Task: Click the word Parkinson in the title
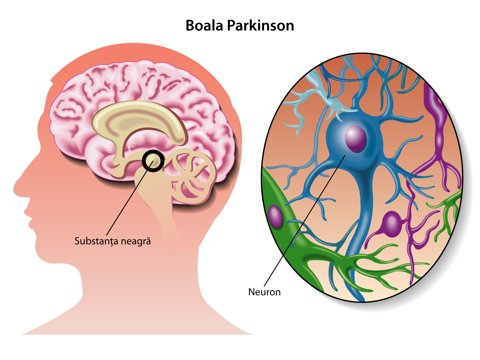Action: pyautogui.click(x=261, y=26)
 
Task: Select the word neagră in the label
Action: pyautogui.click(x=136, y=241)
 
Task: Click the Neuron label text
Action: pyautogui.click(x=264, y=292)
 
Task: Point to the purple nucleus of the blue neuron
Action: pyautogui.click(x=355, y=139)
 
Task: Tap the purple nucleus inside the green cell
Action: pyautogui.click(x=275, y=216)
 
